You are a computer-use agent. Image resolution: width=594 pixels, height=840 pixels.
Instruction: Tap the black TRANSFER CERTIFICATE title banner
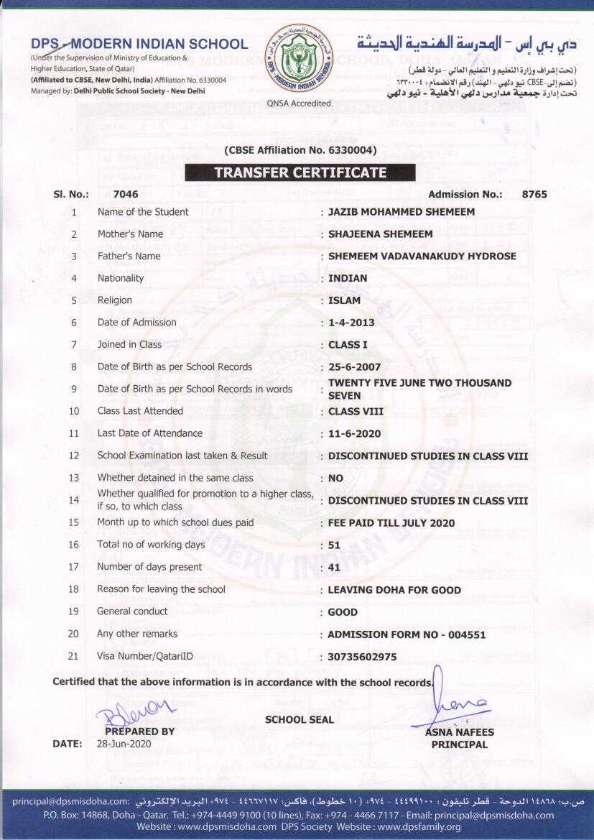(300, 172)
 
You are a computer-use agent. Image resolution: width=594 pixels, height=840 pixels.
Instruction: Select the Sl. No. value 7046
(126, 194)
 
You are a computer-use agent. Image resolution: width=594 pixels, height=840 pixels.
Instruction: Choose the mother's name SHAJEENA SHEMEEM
(380, 234)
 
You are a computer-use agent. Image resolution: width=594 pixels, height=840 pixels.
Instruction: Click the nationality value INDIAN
(348, 278)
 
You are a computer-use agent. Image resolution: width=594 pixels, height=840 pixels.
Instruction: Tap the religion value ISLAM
(344, 300)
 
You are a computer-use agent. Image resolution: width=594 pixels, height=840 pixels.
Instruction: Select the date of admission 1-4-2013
(351, 323)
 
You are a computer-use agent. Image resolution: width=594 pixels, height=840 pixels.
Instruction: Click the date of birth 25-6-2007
(354, 367)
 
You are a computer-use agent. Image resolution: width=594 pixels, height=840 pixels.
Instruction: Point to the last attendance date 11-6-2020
(354, 434)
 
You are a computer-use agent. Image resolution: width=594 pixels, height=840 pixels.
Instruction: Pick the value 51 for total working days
(334, 545)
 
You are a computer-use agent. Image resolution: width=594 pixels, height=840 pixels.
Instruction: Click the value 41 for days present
(334, 568)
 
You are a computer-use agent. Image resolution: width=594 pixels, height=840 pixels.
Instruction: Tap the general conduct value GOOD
(343, 613)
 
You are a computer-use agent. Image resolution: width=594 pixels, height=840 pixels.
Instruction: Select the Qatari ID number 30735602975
(362, 657)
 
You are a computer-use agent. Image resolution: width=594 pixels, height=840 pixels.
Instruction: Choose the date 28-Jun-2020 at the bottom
(124, 744)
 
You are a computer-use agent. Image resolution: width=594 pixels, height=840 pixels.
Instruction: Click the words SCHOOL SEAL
(300, 719)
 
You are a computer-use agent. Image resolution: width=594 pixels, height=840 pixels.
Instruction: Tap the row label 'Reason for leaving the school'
(161, 589)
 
